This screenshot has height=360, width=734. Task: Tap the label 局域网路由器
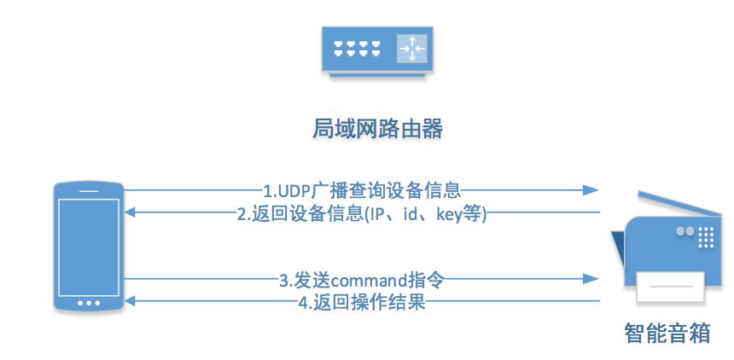click(375, 129)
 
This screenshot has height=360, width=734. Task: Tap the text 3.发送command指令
click(362, 279)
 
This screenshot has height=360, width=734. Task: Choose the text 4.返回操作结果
click(362, 302)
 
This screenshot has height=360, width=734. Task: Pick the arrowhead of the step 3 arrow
click(588, 279)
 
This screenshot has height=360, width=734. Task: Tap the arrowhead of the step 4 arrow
click(129, 302)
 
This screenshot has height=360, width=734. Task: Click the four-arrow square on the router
click(411, 50)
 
